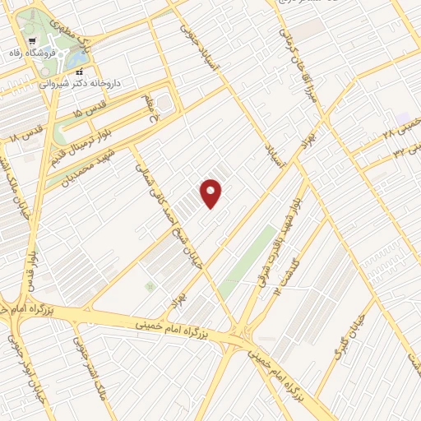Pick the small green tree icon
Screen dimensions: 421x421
[150, 285]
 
